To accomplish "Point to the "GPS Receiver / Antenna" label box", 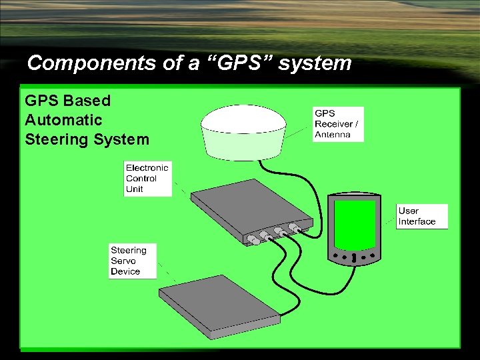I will point(339,124).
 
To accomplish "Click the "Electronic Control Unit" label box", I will point(147,178).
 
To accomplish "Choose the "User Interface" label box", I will point(422,216).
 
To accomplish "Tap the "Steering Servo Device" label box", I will point(133,261).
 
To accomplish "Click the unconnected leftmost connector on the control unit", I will point(252,239).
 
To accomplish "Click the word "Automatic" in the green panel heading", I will point(63,120).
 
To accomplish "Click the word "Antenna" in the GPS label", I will point(333,134).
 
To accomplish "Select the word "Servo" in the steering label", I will point(123,261).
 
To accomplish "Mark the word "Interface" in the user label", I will point(417,221).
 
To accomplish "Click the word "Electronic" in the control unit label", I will point(147,167).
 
